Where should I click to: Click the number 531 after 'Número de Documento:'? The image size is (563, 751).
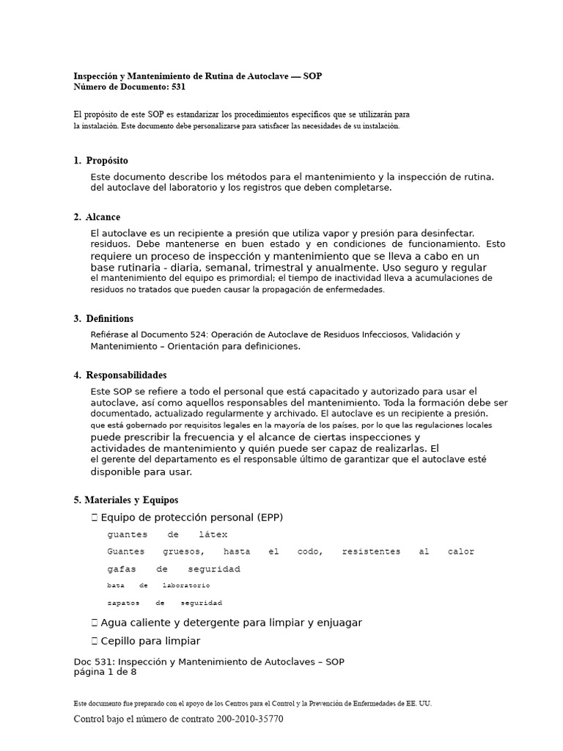pyautogui.click(x=178, y=87)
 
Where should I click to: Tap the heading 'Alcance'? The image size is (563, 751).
pyautogui.click(x=103, y=217)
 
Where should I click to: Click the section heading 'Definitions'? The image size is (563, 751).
pyautogui.click(x=109, y=319)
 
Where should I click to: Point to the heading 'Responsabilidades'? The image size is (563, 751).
pyautogui.click(x=126, y=375)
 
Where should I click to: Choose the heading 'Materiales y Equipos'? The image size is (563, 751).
pyautogui.click(x=130, y=500)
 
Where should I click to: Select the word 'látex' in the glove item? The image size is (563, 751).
pyautogui.click(x=213, y=535)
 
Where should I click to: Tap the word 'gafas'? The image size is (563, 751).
pyautogui.click(x=122, y=569)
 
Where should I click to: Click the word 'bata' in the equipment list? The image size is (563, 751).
pyautogui.click(x=116, y=586)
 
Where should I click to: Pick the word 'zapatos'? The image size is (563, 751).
pyautogui.click(x=124, y=603)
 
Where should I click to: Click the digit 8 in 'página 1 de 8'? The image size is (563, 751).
pyautogui.click(x=133, y=671)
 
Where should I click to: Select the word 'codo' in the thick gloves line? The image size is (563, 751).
pyautogui.click(x=309, y=552)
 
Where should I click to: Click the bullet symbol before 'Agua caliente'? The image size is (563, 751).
pyautogui.click(x=95, y=623)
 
